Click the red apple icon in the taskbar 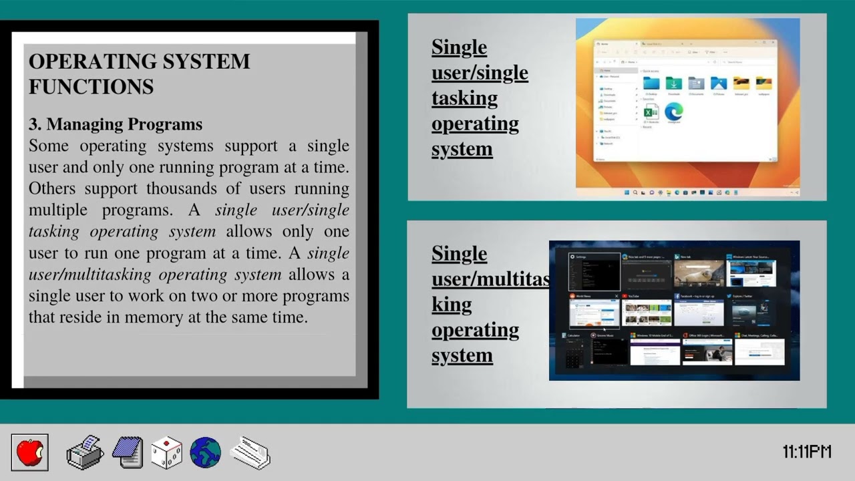click(x=29, y=452)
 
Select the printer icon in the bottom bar click(x=85, y=452)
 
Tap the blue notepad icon click(x=128, y=452)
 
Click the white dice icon click(x=166, y=452)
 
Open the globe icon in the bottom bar click(x=205, y=452)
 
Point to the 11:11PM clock click(x=806, y=452)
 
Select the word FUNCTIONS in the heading click(x=91, y=87)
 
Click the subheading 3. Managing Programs click(x=115, y=124)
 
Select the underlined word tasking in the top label click(x=464, y=98)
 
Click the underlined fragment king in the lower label click(x=452, y=305)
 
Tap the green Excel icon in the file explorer click(x=651, y=112)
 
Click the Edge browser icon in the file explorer click(x=673, y=112)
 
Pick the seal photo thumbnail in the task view click(x=699, y=273)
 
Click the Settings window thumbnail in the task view click(x=594, y=273)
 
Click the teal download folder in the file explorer click(x=673, y=84)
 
